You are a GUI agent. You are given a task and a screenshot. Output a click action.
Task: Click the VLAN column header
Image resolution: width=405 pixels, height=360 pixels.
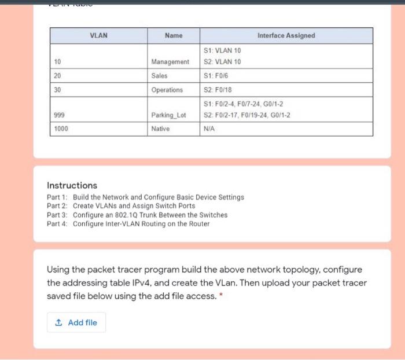click(x=98, y=36)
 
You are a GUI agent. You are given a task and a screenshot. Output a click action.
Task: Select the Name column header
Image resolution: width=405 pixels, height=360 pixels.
click(x=173, y=36)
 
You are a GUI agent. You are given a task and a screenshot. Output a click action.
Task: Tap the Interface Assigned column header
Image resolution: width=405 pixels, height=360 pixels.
click(x=286, y=36)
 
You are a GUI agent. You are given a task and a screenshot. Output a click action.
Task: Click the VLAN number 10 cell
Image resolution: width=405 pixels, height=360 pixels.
click(x=57, y=62)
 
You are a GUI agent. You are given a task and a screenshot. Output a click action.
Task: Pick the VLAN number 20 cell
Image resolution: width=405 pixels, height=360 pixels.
click(x=57, y=76)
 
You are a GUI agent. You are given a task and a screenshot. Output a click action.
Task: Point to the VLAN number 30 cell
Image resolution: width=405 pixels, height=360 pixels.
click(x=57, y=90)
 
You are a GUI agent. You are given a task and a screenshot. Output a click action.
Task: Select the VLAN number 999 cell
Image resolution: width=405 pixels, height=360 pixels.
click(x=58, y=115)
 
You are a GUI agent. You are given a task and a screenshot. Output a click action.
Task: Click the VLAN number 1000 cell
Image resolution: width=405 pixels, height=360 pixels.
click(x=60, y=129)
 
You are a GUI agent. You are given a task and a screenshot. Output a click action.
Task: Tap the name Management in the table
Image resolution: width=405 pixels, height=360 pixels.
click(x=170, y=62)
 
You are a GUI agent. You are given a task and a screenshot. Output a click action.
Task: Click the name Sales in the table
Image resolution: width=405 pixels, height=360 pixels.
click(x=159, y=76)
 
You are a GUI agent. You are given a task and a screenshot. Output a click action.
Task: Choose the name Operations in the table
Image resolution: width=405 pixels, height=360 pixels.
click(x=167, y=90)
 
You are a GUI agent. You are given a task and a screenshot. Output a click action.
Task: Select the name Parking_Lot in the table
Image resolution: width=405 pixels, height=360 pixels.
click(x=168, y=115)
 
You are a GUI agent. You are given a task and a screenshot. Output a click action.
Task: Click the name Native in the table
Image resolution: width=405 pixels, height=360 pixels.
click(x=160, y=129)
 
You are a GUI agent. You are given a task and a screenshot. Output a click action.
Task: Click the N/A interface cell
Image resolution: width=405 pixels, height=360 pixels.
click(x=210, y=129)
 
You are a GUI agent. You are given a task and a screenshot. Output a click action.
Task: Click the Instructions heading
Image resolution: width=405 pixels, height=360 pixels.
click(x=72, y=186)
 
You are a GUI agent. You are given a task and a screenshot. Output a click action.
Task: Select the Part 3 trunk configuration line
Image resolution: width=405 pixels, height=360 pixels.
click(x=137, y=215)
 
